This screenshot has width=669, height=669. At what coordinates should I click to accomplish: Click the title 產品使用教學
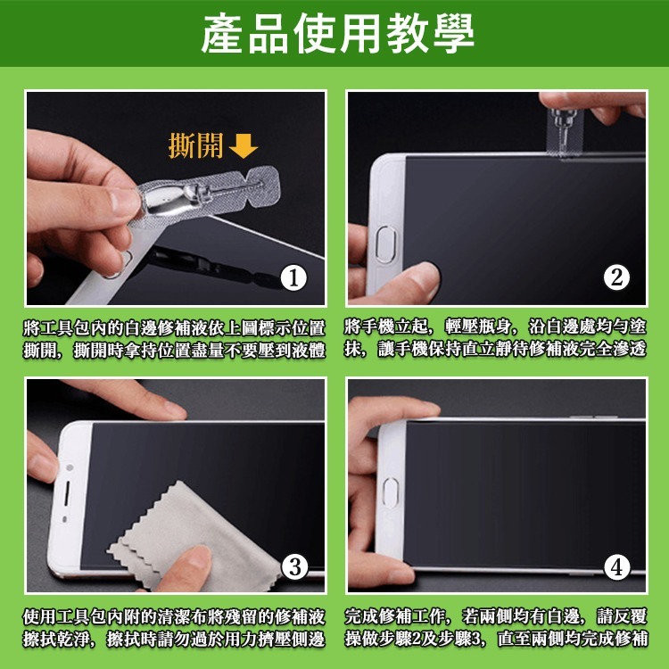(334, 33)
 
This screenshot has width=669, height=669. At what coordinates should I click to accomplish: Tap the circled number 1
(294, 278)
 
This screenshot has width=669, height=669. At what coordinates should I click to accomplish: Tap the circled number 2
(615, 277)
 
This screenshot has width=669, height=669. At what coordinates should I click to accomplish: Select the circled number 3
(294, 566)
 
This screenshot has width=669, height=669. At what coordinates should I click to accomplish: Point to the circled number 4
(616, 566)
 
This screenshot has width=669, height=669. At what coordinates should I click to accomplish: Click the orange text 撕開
(195, 145)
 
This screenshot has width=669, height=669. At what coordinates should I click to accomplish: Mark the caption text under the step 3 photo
(174, 627)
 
